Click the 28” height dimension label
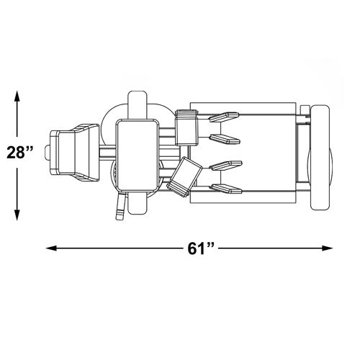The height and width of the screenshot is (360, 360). (19, 152)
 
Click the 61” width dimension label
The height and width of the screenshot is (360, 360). (201, 248)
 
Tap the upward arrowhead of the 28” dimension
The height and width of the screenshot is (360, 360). (17, 96)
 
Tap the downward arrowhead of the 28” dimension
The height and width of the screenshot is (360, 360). (17, 215)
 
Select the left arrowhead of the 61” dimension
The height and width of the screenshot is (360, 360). (51, 248)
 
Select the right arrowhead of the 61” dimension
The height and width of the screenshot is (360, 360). (328, 248)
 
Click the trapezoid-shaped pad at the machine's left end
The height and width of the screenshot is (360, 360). (75, 153)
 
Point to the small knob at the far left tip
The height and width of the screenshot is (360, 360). (48, 153)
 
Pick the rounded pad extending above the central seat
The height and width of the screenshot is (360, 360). (138, 105)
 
